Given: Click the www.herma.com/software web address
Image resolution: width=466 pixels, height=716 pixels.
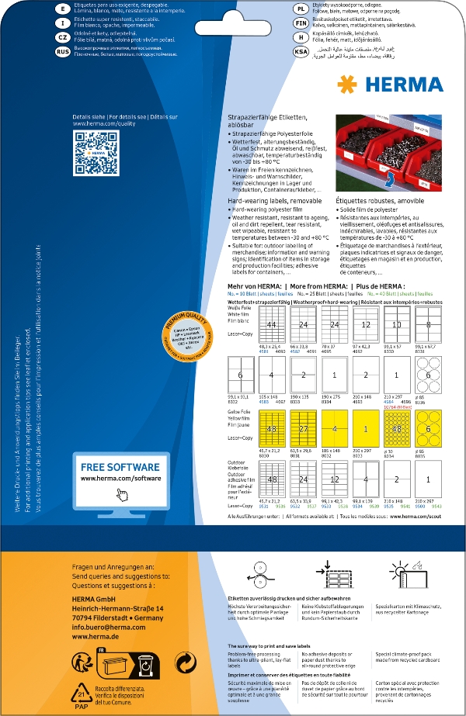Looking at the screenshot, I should (119, 480).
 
